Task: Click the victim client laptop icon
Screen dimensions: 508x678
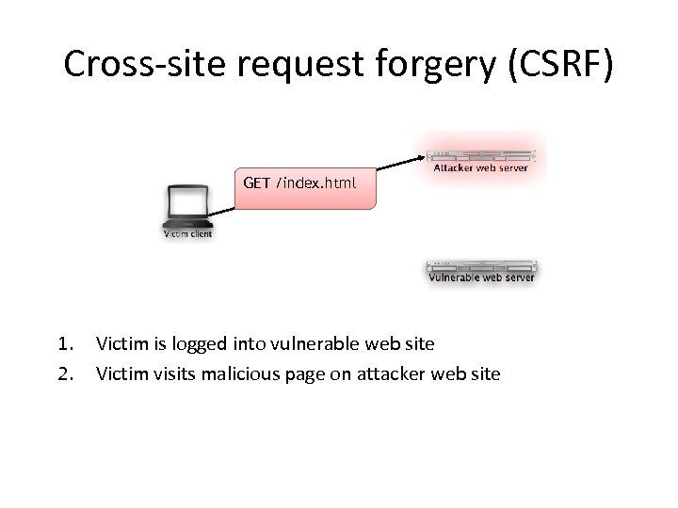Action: coord(186,206)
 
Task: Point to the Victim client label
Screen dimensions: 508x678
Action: coord(187,233)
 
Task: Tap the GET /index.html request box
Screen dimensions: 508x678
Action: coord(303,183)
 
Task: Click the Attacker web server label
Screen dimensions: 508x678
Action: coord(480,168)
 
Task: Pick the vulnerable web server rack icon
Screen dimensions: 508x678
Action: coord(480,265)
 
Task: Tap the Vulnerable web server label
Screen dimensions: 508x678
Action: coord(481,278)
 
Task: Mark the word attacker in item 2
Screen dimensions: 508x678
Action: coord(386,373)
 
